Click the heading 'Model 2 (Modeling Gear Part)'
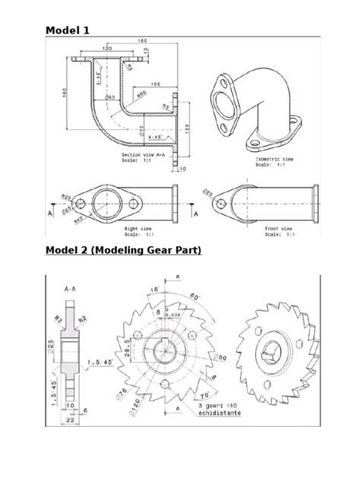(122, 251)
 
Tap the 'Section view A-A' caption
(144, 154)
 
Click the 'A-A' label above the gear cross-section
(70, 289)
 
